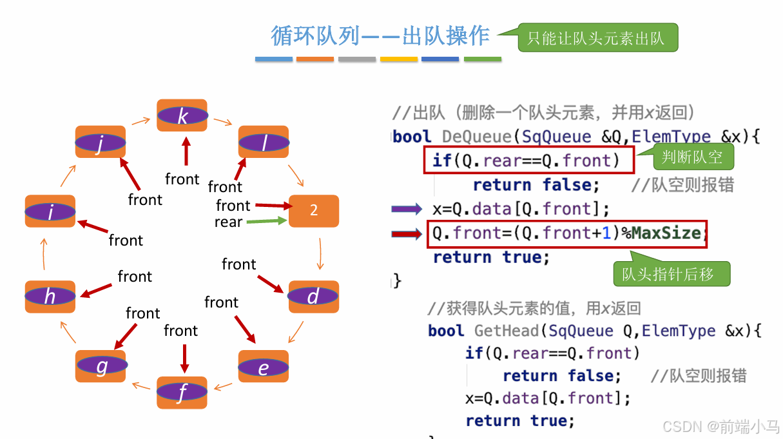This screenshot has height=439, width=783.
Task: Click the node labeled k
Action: [182, 115]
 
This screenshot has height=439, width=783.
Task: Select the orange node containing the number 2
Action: [314, 210]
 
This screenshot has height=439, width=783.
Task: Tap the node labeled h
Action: [50, 296]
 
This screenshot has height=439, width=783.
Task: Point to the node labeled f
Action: [182, 392]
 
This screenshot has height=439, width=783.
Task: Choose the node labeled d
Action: [313, 297]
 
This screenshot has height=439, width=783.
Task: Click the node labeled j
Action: [100, 142]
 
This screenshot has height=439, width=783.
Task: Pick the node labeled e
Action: [263, 367]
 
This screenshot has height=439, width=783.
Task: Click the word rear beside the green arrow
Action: [228, 222]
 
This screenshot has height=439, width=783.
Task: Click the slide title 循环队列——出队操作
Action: [380, 35]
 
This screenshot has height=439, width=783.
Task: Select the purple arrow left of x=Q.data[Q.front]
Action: [407, 209]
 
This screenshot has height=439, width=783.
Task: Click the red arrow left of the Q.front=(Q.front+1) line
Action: [407, 233]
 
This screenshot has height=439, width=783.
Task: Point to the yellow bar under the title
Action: [398, 59]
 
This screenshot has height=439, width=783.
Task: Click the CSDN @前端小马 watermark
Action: [720, 427]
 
